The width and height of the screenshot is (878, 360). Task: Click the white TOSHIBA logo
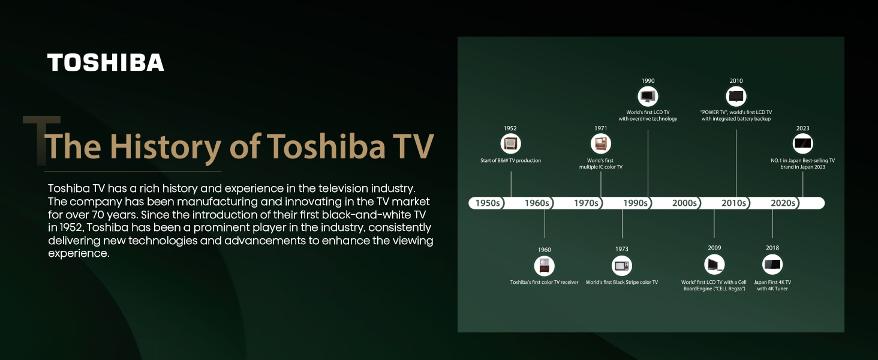point(106,62)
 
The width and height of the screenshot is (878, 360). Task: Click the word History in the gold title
point(166,146)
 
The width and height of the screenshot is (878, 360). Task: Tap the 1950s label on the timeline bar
point(488,203)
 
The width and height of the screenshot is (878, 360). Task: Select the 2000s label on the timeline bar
point(684,203)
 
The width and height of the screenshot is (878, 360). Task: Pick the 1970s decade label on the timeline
point(586,203)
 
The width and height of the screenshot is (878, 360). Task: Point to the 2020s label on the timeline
point(783,203)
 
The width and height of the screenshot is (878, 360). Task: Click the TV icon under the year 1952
point(510,143)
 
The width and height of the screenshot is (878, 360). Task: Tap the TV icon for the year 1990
point(648,96)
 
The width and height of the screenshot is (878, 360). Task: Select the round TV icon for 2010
point(736,96)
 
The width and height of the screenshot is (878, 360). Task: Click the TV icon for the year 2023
point(803,143)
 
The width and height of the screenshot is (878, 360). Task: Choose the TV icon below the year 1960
point(545,266)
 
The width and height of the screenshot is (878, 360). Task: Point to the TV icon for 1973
point(622,266)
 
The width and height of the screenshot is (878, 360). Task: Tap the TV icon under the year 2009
point(714,265)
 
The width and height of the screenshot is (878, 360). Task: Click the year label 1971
point(600,128)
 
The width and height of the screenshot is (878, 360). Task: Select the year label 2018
point(772,248)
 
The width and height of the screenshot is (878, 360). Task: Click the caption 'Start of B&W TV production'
point(511,160)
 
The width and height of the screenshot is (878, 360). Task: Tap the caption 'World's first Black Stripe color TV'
point(622,283)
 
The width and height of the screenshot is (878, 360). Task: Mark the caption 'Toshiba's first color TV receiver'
point(544,283)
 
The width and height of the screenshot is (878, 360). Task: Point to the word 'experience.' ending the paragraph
point(79,254)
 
